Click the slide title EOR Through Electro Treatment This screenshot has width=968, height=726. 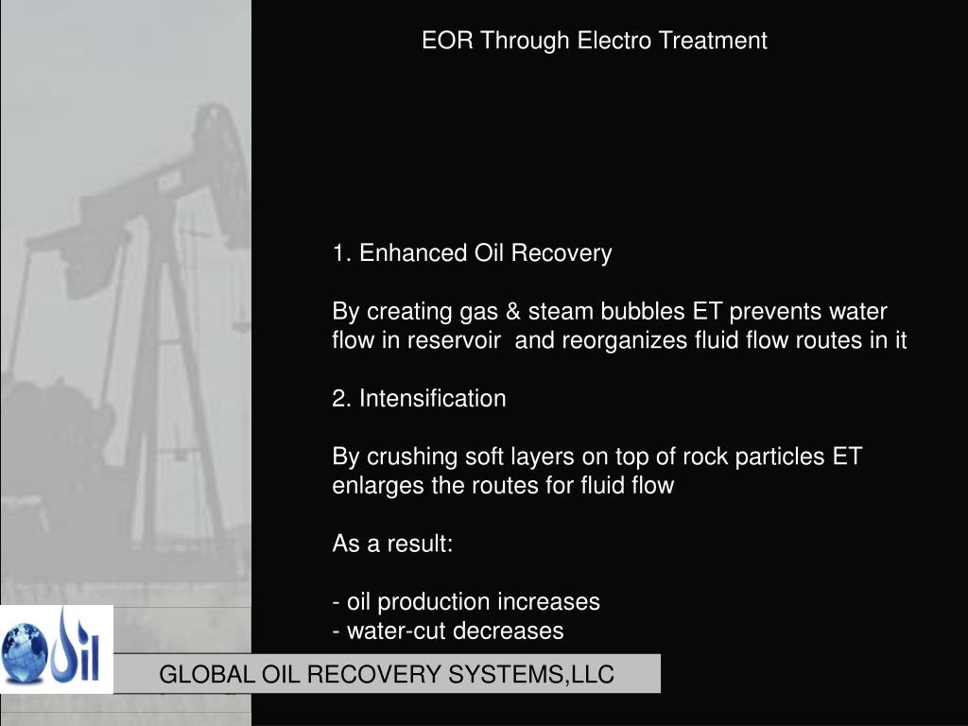pyautogui.click(x=594, y=41)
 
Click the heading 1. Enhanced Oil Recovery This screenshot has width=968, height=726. pyautogui.click(x=472, y=253)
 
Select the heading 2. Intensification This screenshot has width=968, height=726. pyautogui.click(x=419, y=399)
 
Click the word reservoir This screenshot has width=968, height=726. pyautogui.click(x=454, y=340)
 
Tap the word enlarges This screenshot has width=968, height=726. pyautogui.click(x=371, y=486)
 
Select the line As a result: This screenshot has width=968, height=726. pyautogui.click(x=392, y=544)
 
